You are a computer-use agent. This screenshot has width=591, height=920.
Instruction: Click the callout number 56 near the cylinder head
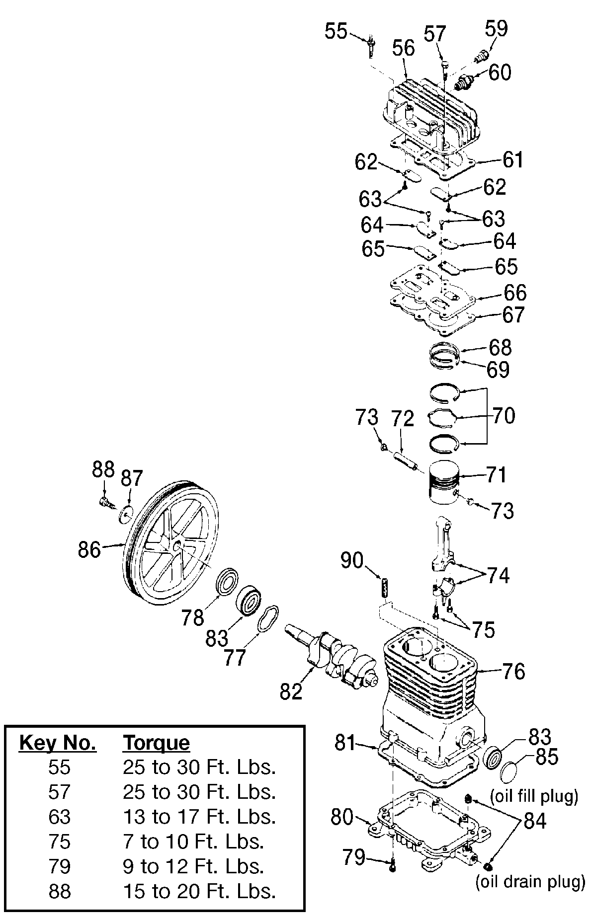[x=403, y=49]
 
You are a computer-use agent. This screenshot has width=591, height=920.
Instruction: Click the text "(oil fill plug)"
[x=534, y=796]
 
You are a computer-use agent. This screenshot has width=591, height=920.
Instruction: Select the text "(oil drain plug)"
[x=529, y=882]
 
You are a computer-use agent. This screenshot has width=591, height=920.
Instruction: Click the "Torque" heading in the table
[x=156, y=743]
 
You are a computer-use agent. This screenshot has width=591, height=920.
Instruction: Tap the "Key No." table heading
[x=57, y=743]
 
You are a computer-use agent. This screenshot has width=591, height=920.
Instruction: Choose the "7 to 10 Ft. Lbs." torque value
[x=193, y=842]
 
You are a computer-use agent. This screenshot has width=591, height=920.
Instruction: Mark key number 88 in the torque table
[x=60, y=891]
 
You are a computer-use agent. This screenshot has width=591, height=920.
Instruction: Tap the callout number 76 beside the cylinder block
[x=513, y=671]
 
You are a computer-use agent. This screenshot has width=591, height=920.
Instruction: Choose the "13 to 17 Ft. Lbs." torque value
[x=199, y=817]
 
